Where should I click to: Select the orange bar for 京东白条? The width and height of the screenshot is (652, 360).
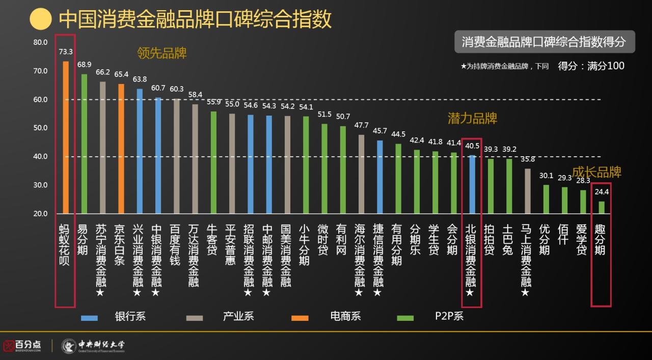pyautogui.click(x=121, y=149)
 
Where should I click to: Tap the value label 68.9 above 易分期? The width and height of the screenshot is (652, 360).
pyautogui.click(x=84, y=65)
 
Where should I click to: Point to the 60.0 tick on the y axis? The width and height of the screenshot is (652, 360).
pyautogui.click(x=40, y=99)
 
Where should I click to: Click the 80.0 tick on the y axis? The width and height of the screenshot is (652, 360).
pyautogui.click(x=40, y=42)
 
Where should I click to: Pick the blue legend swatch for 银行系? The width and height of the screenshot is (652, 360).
pyautogui.click(x=89, y=318)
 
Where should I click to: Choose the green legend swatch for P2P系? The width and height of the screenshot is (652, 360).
pyautogui.click(x=405, y=318)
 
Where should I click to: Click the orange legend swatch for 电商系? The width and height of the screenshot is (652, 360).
pyautogui.click(x=300, y=318)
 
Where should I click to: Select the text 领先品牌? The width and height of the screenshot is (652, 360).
pyautogui.click(x=161, y=53)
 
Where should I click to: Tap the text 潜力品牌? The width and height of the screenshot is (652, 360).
pyautogui.click(x=472, y=119)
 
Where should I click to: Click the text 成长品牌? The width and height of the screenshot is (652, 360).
pyautogui.click(x=596, y=172)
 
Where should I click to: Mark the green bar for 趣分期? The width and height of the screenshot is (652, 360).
pyautogui.click(x=602, y=207)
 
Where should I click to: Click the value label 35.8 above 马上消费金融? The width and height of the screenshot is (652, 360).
pyautogui.click(x=527, y=159)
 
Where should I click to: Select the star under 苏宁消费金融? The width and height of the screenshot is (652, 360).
pyautogui.click(x=100, y=293)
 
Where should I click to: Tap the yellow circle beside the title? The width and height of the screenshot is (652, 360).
pyautogui.click(x=41, y=19)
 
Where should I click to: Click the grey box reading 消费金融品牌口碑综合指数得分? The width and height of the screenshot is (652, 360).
pyautogui.click(x=544, y=42)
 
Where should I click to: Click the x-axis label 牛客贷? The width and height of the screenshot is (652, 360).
pyautogui.click(x=213, y=240)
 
